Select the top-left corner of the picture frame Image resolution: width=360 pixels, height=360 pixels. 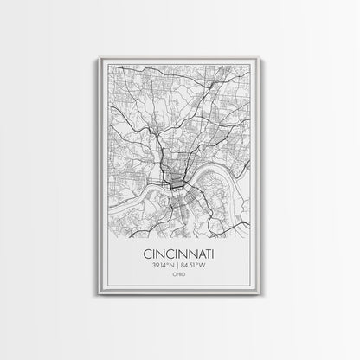100,55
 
